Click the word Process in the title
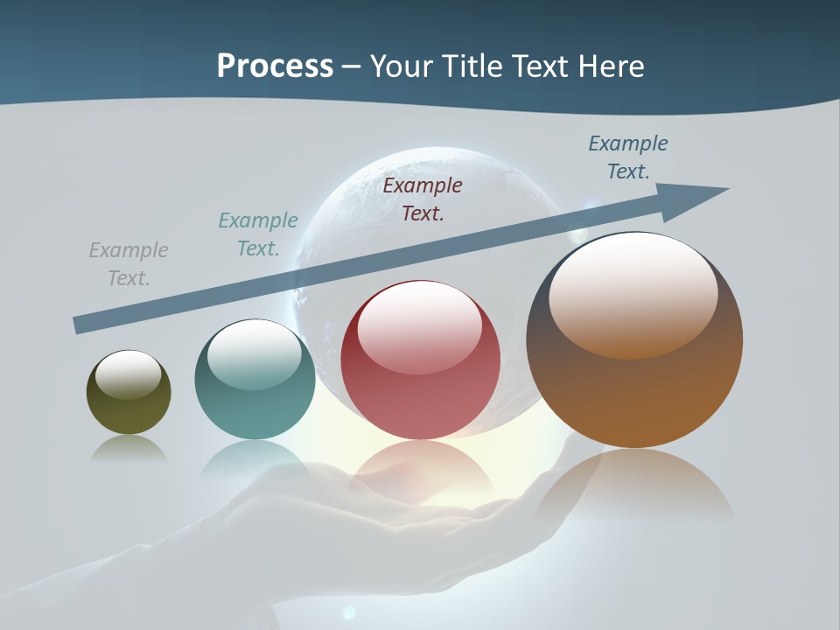point(275,66)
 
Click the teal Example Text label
point(258,234)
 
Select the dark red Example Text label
point(423,199)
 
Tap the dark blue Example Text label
point(628,157)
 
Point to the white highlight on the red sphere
point(419,321)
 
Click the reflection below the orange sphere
point(634,486)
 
